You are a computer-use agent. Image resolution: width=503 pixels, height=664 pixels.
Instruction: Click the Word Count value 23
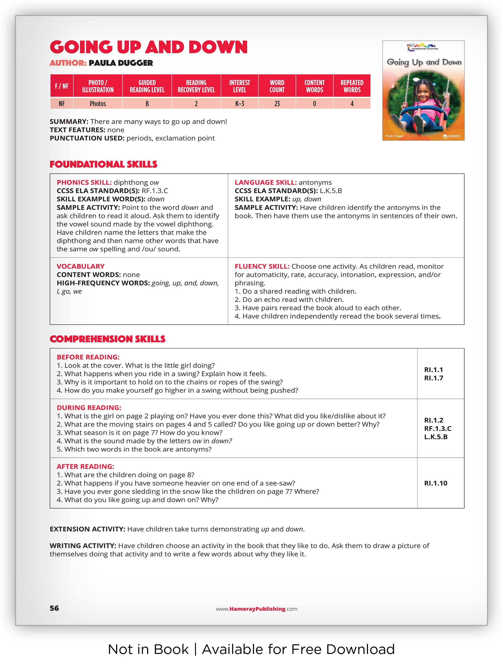[x=277, y=104]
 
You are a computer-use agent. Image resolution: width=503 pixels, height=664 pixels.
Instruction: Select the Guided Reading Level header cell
[x=147, y=86]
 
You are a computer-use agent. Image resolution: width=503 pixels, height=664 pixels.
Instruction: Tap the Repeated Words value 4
[x=352, y=104]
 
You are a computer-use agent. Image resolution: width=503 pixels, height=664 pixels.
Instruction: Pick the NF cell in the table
[x=62, y=104]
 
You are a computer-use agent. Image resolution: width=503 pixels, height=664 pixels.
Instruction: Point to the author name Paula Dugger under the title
[x=121, y=63]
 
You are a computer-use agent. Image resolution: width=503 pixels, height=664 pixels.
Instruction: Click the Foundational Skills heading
[x=103, y=164]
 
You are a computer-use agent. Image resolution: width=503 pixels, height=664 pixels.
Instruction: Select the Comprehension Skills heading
[x=108, y=339]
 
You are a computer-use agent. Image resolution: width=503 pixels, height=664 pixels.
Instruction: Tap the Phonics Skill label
[x=84, y=183]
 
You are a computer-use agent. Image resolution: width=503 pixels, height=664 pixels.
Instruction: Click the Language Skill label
[x=266, y=183]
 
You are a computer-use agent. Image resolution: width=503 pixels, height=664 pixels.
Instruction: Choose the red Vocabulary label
[x=81, y=266]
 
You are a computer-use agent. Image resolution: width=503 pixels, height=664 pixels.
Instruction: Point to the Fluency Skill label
[x=262, y=266]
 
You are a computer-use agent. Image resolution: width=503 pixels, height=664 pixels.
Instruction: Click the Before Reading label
[x=88, y=357]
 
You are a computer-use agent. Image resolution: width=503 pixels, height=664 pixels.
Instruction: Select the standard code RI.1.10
[x=435, y=483]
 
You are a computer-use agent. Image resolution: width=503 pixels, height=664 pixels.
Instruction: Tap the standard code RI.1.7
[x=433, y=378]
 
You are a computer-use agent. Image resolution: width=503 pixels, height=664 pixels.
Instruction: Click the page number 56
[x=54, y=608]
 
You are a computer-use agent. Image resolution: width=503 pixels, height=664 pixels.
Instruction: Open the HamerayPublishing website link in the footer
[x=257, y=609]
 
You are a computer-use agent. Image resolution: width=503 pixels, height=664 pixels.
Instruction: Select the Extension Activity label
[x=87, y=529]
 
